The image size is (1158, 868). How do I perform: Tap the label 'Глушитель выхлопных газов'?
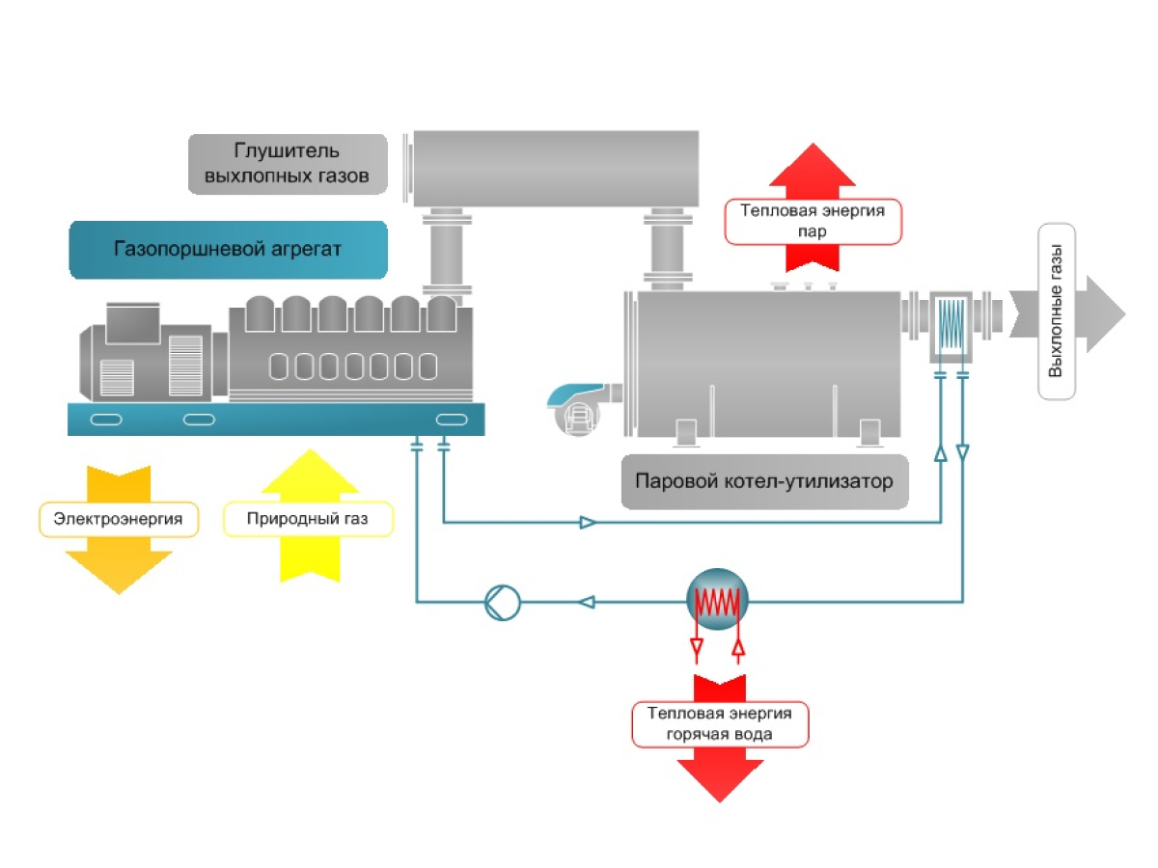pos(288,164)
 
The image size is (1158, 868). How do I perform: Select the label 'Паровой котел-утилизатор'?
pos(764,480)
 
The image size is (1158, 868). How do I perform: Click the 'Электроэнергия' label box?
pos(119,520)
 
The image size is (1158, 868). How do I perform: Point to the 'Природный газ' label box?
pos(308,520)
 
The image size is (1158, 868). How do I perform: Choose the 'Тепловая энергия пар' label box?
pos(813,221)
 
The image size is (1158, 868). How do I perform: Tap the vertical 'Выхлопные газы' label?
pos(1056,312)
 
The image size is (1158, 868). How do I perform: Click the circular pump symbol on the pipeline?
pos(502,603)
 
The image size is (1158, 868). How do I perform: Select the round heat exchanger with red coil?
pos(717,602)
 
